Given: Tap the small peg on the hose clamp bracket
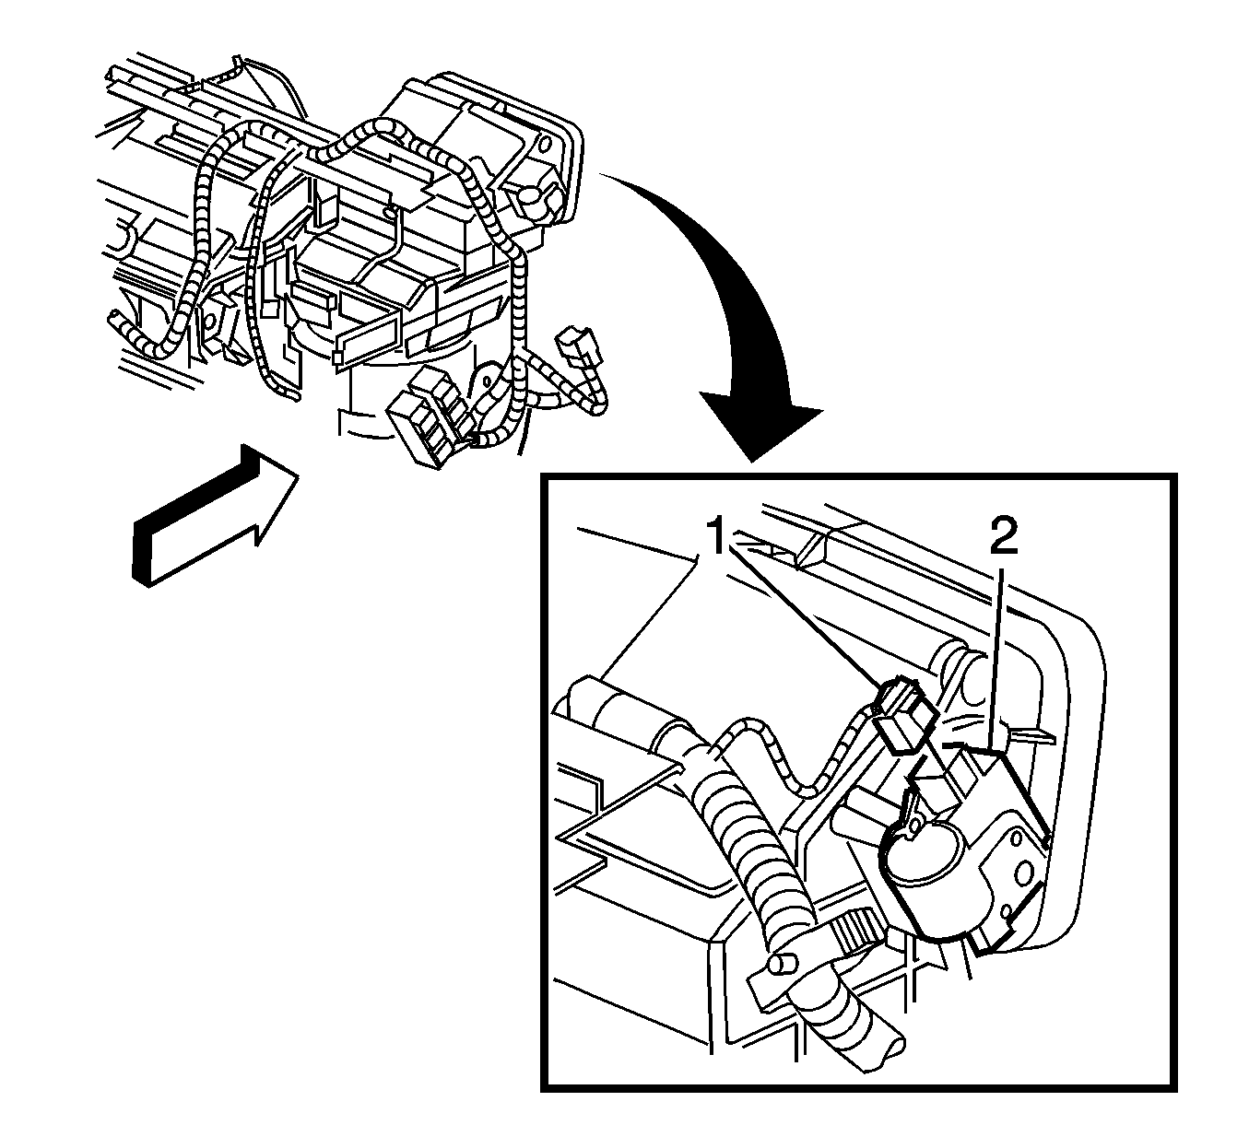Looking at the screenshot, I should pyautogui.click(x=781, y=964).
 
